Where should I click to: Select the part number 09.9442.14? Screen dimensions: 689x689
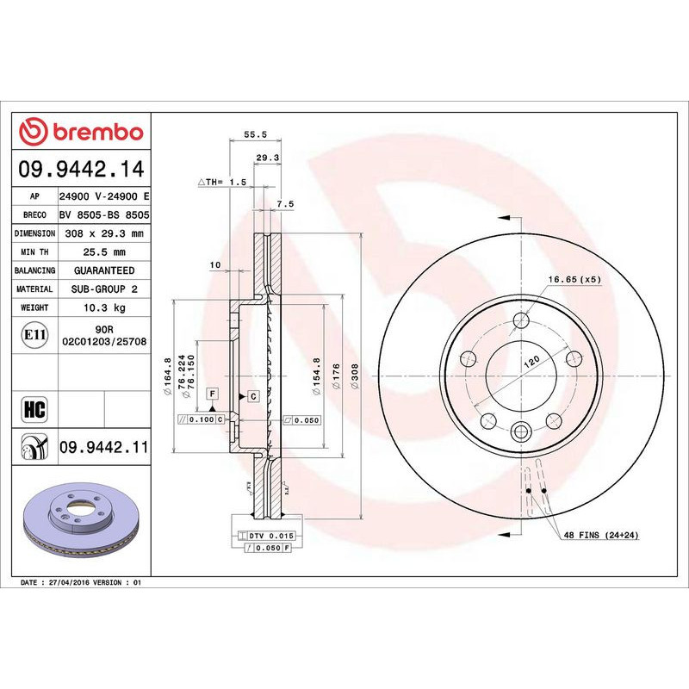pos(81,169)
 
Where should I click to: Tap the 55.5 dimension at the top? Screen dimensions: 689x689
pos(252,134)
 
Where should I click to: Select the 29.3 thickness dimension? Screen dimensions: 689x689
pos(267,158)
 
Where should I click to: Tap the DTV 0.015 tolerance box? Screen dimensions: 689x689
pos(271,536)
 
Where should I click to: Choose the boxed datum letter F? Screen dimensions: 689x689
pos(211,393)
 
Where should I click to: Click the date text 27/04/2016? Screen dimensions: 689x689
pos(72,583)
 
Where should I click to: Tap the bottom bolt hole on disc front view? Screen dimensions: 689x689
pos(521,432)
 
